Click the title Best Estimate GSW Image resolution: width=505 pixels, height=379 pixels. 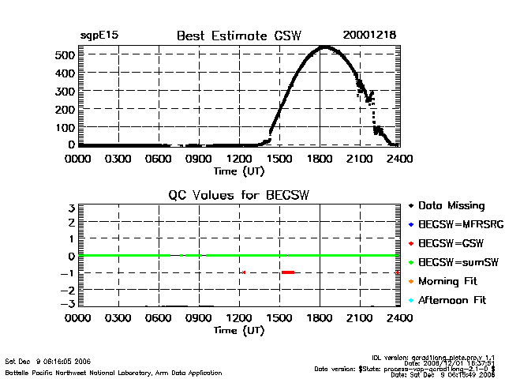239,36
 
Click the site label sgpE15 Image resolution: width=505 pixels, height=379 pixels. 99,36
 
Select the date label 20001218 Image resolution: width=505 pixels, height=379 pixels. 369,36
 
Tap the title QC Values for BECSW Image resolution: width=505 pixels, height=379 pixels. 239,195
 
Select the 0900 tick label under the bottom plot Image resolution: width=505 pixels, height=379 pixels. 199,318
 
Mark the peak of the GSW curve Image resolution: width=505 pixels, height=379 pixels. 324,47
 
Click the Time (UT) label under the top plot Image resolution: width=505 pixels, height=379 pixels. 239,170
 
